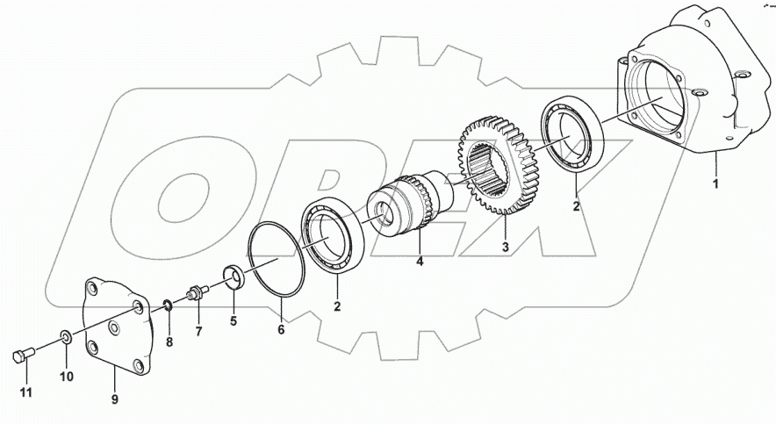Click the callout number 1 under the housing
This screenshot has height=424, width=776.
point(715,184)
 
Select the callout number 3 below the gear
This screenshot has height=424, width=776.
point(506,247)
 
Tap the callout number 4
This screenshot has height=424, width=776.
point(420,262)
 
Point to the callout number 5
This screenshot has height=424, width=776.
point(234,320)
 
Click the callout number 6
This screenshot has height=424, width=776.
point(281,329)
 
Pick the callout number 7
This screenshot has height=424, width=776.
point(199,332)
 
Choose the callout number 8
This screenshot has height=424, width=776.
point(169,341)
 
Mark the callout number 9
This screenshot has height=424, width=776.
point(115,399)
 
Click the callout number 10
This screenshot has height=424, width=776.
point(67,377)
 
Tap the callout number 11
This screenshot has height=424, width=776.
point(25,392)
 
